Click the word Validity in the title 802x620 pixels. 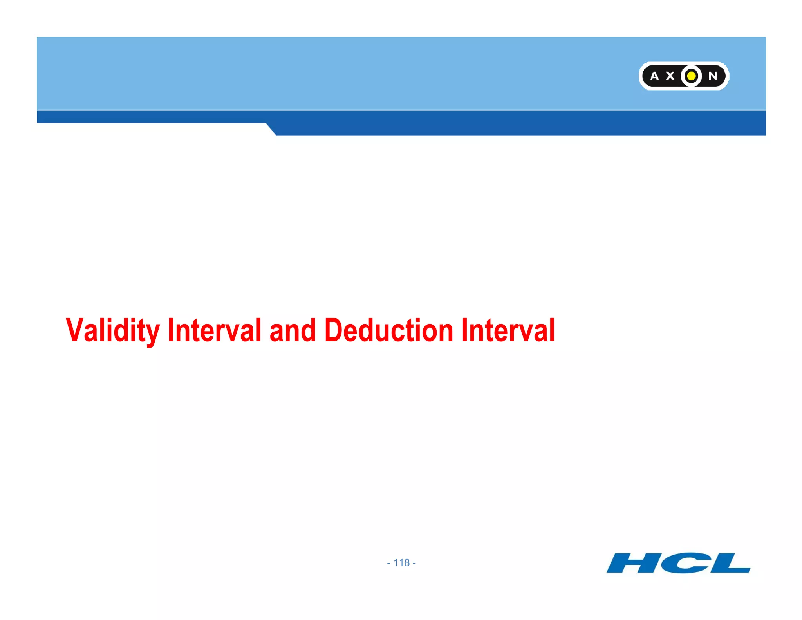tap(113, 330)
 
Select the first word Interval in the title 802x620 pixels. tap(214, 330)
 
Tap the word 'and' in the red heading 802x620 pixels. tap(293, 330)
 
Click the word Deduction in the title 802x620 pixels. tap(389, 330)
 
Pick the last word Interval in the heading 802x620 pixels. tap(508, 330)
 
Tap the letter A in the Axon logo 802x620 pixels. tap(654, 76)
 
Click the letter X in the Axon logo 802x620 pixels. tap(670, 76)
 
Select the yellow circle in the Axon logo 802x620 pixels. tap(692, 76)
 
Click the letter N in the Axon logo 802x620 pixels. tap(713, 76)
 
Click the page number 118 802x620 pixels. tap(401, 563)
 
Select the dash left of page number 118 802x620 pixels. tap(388, 563)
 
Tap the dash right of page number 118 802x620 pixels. tap(414, 563)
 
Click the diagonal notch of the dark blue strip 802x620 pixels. tap(271, 129)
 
